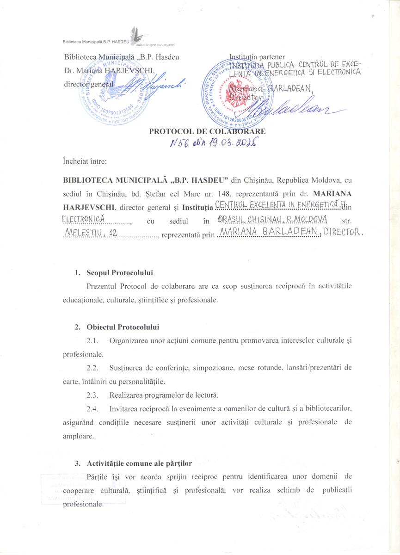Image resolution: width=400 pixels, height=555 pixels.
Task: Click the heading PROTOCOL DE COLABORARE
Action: click(x=207, y=131)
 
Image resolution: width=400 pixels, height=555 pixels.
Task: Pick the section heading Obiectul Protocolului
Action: click(x=123, y=327)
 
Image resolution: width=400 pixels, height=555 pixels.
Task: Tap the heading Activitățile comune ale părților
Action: click(x=139, y=463)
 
